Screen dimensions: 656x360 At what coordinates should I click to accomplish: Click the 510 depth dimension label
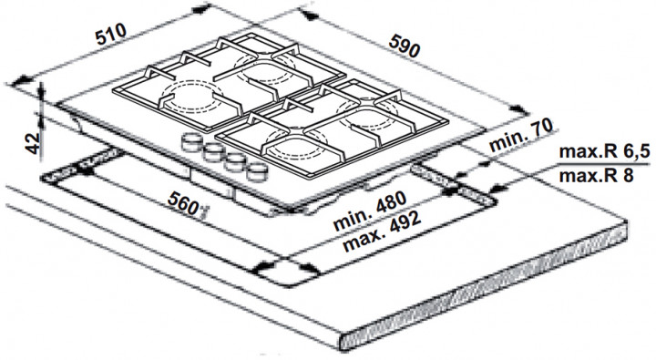111,34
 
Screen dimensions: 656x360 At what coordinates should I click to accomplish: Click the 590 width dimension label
404,46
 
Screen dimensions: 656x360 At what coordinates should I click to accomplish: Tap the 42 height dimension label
32,143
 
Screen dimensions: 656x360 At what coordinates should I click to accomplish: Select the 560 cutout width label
183,202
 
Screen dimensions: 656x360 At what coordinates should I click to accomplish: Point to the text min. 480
369,211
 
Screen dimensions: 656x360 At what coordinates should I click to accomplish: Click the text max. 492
381,231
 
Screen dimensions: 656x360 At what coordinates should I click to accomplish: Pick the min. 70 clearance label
521,135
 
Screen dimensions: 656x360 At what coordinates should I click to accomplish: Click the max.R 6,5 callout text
604,151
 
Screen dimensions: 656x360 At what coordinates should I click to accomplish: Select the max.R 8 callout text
596,176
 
